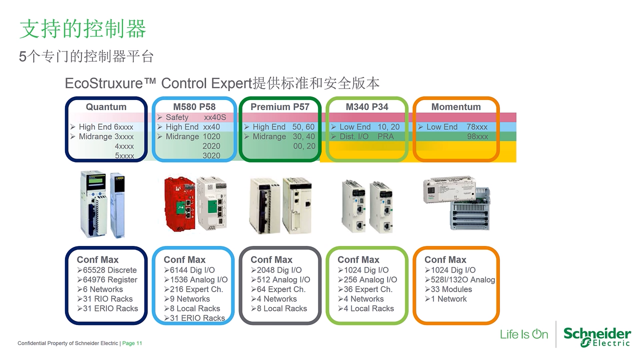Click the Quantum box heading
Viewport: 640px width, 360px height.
[106, 107]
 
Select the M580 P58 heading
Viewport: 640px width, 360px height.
[194, 107]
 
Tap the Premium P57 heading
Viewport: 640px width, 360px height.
[280, 107]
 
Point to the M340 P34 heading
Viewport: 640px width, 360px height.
[367, 107]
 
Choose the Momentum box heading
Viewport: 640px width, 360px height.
[456, 107]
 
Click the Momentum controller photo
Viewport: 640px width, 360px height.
[456, 202]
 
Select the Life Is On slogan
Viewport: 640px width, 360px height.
[524, 334]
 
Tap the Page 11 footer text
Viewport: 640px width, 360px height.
[132, 343]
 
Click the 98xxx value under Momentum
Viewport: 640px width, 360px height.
[477, 136]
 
